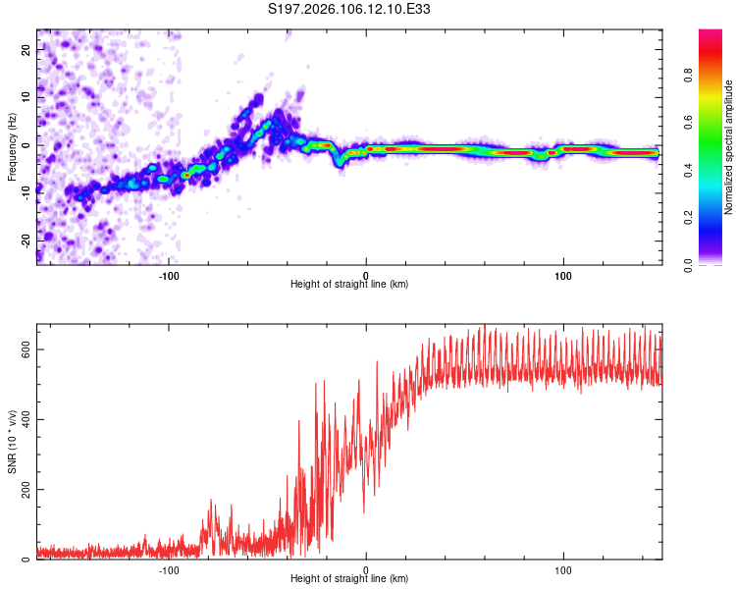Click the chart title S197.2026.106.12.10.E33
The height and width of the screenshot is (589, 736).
(x=350, y=10)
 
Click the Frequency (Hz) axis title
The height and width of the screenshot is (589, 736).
(x=12, y=146)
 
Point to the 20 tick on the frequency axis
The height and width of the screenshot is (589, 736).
(x=26, y=52)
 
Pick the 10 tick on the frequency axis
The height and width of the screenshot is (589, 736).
(x=26, y=98)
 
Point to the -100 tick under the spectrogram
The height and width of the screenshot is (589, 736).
(x=168, y=275)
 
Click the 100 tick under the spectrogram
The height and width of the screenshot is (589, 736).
(x=563, y=275)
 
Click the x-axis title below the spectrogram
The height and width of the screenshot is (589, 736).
(x=349, y=285)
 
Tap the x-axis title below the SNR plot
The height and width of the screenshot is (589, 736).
(x=349, y=579)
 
